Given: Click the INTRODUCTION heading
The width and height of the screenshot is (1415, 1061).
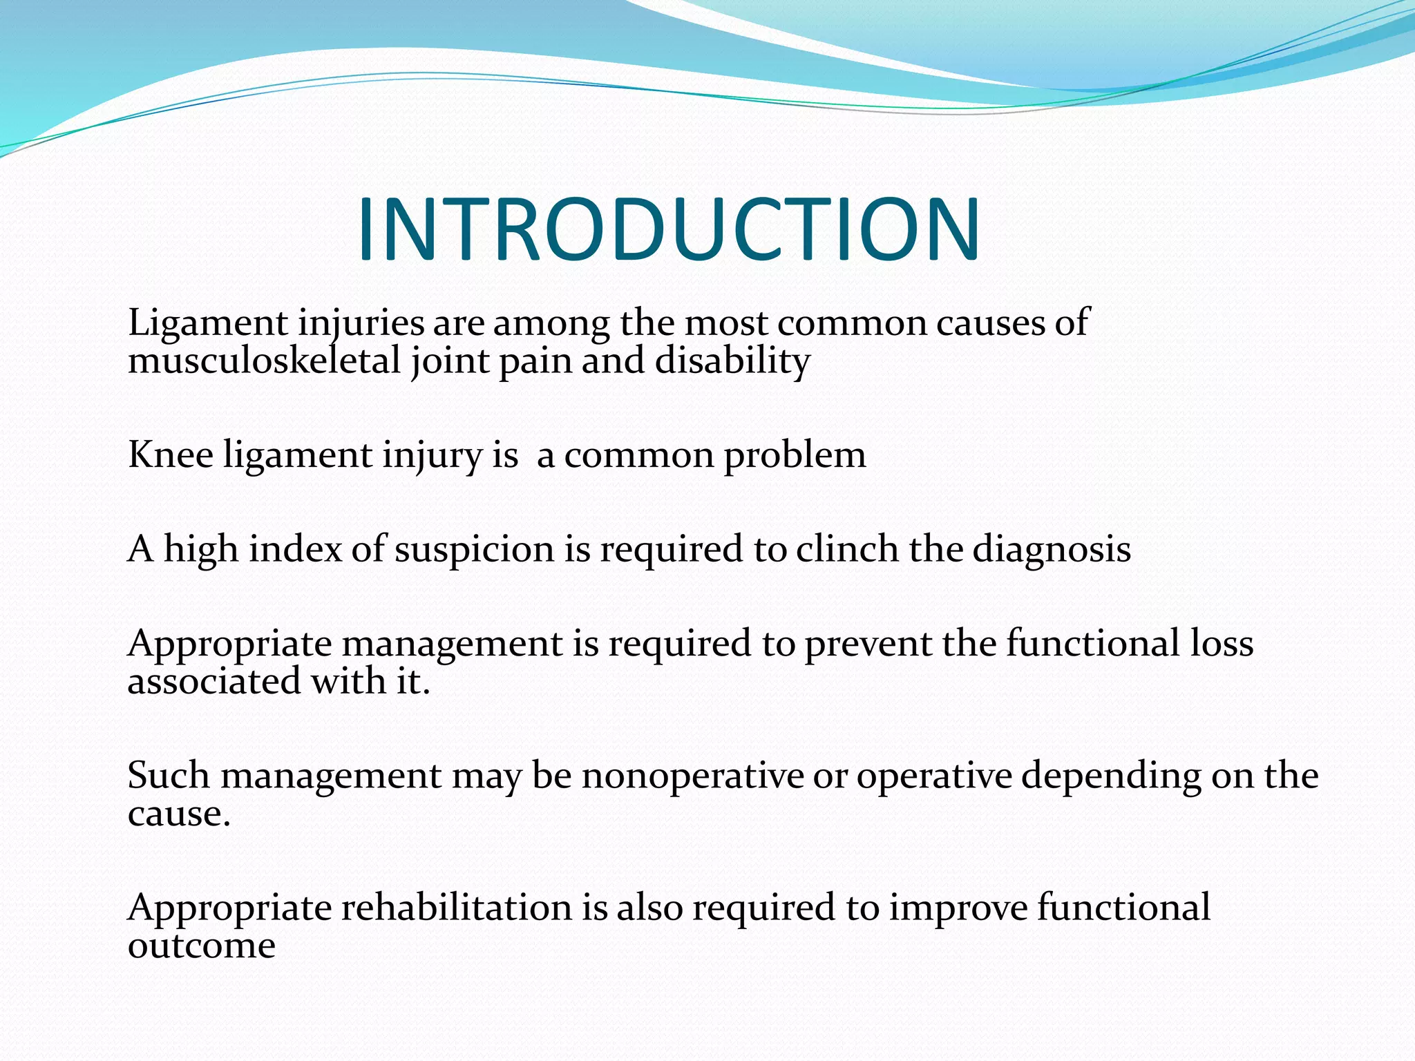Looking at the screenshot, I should pos(668,230).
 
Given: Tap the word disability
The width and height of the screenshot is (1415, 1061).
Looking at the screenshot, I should pos(732,361).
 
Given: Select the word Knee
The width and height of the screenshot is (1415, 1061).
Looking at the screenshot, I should pos(171,455).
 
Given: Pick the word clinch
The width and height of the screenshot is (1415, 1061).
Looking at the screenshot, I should pos(847,549).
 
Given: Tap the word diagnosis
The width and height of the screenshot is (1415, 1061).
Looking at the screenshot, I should pos(1052,550).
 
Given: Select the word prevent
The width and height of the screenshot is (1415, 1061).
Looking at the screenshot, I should pos(868,644).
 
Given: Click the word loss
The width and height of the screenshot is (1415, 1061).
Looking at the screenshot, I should pos(1222,643).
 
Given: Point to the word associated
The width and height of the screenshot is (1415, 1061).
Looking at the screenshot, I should pos(214,681).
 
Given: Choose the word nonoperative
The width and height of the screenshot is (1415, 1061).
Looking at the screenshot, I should pos(692,776).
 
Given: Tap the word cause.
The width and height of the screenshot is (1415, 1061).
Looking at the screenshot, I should pos(178,814).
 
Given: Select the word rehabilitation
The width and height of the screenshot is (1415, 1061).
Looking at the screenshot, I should pos(457,908).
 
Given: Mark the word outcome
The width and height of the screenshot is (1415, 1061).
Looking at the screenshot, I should pos(202,945).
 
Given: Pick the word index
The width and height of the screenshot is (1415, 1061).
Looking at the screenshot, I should pos(296,549).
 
